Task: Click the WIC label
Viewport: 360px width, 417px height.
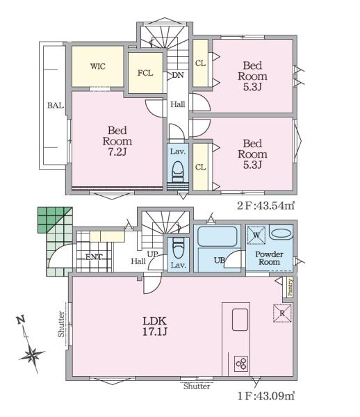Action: click(97, 67)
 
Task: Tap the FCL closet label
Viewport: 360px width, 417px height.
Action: click(145, 73)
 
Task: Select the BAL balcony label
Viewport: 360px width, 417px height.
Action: click(56, 106)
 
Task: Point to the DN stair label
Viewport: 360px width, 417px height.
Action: click(178, 75)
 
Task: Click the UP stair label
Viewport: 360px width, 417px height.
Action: click(153, 254)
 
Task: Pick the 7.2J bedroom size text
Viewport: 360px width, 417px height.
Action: click(117, 152)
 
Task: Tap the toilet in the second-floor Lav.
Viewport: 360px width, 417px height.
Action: click(178, 172)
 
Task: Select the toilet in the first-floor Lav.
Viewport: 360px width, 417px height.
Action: click(178, 248)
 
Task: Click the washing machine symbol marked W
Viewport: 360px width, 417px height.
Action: click(256, 235)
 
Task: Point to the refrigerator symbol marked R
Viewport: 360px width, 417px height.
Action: click(282, 313)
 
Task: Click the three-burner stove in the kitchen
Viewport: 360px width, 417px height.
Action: click(241, 363)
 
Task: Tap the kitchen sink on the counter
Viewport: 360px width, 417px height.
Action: click(240, 320)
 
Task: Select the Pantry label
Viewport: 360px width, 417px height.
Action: click(290, 287)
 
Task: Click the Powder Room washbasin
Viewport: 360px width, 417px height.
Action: click(281, 234)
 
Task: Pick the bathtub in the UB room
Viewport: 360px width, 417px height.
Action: click(218, 236)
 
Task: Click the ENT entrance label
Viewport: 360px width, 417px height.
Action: click(94, 257)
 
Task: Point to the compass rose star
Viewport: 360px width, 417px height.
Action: click(33, 355)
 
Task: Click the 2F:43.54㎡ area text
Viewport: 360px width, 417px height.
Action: click(266, 206)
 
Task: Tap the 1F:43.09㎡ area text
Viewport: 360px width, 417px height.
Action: click(266, 396)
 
